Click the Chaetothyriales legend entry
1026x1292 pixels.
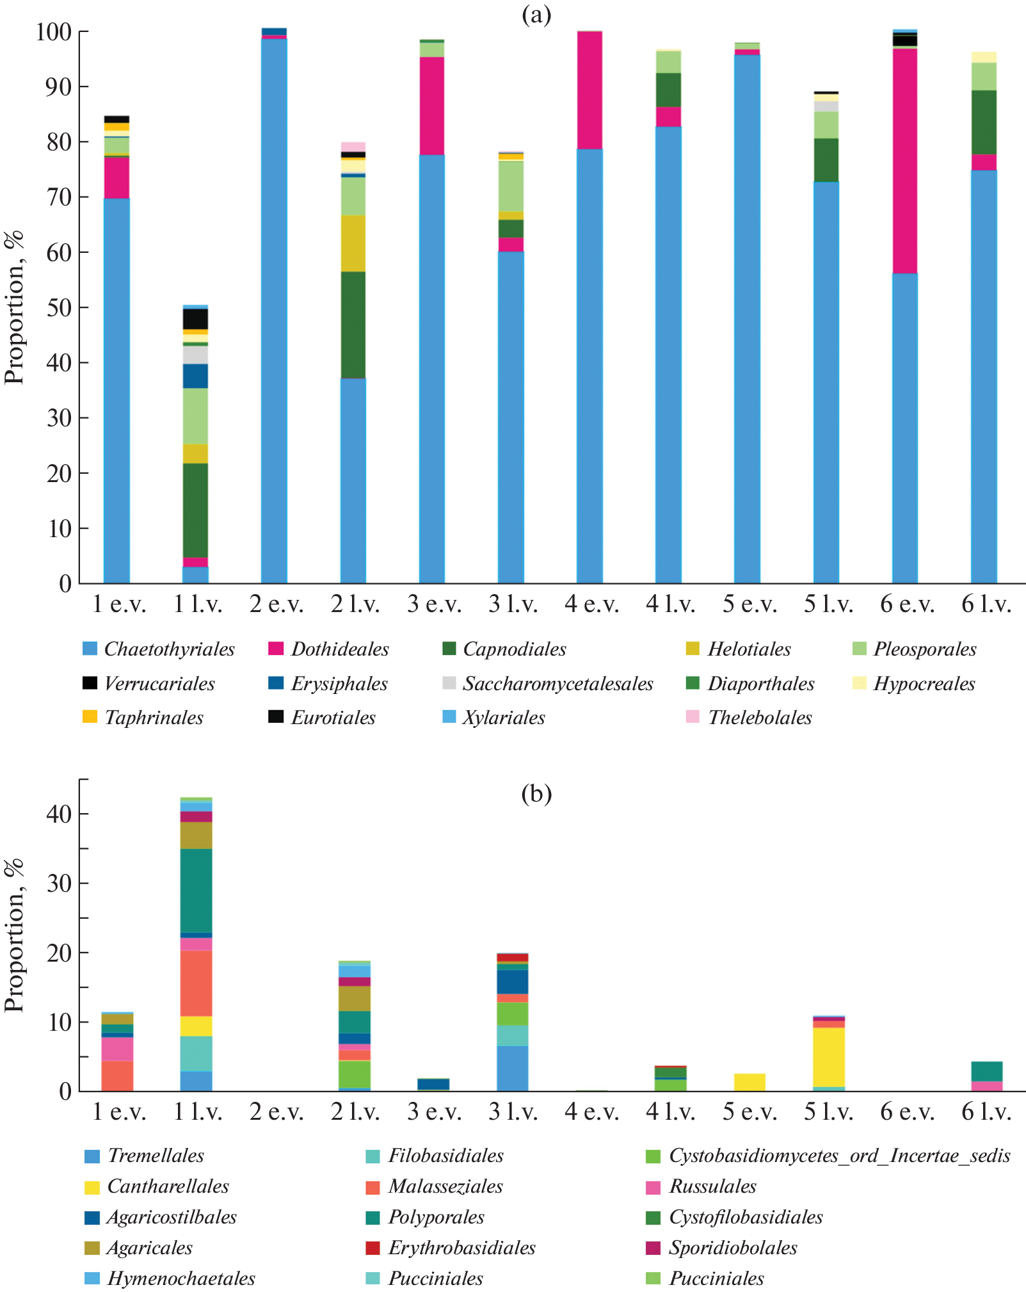169,649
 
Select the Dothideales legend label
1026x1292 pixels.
340,649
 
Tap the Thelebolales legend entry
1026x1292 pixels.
759,718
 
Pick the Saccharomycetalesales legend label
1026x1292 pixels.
557,684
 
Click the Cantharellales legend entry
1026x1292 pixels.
168,1186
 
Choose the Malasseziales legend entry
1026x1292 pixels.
445,1186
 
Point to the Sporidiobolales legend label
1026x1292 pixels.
733,1248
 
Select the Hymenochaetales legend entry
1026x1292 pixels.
181,1279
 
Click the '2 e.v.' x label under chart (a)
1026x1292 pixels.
276,604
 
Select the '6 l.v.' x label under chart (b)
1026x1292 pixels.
986,1112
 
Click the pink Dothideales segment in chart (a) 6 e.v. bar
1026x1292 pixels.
904,160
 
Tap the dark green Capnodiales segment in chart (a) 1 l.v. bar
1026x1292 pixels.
196,510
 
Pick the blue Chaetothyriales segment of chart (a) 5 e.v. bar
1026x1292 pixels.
747,320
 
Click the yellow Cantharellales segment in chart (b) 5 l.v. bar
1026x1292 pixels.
829,1057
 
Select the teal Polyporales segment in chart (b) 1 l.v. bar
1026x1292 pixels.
196,891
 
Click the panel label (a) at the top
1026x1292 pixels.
536,14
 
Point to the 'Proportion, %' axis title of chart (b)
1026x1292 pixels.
14,935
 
